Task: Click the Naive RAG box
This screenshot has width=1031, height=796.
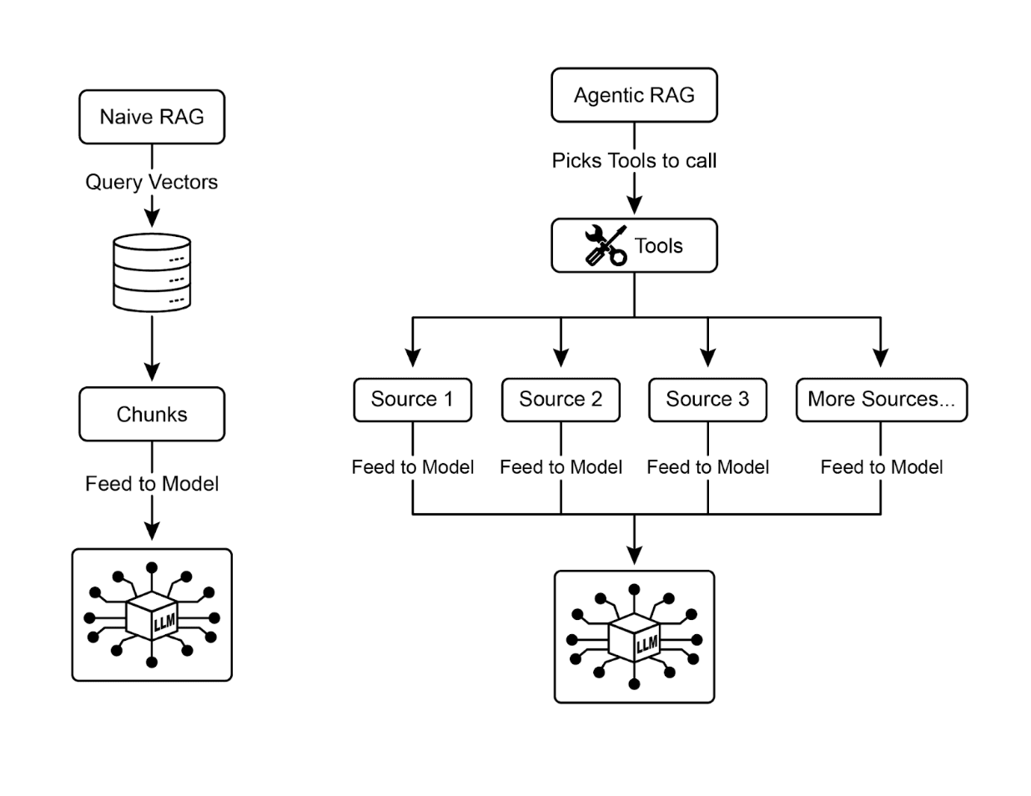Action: point(152,117)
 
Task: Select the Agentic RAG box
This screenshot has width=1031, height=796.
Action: point(634,95)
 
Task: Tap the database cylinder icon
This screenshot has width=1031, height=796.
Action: point(152,273)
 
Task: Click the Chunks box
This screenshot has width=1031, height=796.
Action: point(152,414)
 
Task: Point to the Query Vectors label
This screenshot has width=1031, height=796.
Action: point(152,182)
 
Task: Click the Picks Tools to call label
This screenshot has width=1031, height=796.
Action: point(634,160)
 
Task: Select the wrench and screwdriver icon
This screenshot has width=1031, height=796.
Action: point(606,245)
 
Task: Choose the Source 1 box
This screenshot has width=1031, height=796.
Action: point(412,400)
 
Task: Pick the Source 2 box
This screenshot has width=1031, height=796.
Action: point(561,400)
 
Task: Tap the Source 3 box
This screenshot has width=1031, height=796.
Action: point(707,400)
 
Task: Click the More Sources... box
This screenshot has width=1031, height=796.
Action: point(881,400)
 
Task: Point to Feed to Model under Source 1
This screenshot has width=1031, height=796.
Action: point(413,467)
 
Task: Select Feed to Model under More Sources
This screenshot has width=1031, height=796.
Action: point(882,467)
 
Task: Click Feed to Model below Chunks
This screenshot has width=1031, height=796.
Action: point(152,484)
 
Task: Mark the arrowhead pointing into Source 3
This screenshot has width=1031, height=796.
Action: point(707,357)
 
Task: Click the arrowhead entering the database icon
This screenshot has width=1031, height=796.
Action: point(152,219)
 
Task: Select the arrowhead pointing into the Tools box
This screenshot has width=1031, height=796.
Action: point(634,205)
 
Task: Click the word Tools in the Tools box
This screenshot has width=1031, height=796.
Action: point(658,246)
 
